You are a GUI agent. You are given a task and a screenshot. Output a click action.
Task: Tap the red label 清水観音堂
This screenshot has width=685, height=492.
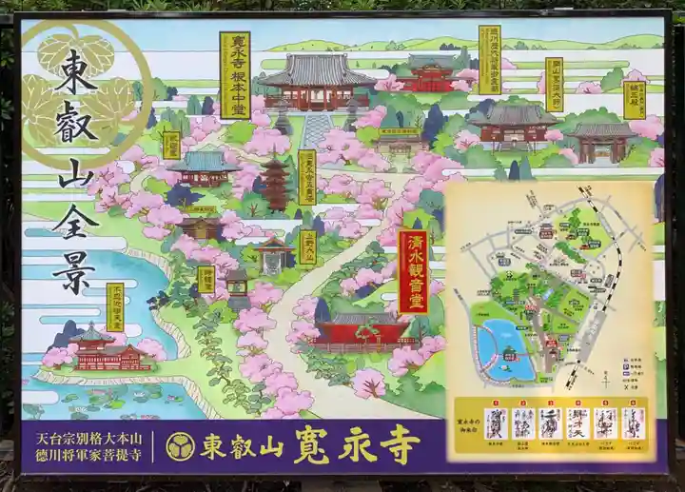[x=413, y=271]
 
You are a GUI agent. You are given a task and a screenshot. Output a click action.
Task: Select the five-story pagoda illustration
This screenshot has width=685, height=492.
[x=276, y=183]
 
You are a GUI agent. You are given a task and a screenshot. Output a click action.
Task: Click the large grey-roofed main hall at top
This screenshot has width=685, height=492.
[x=317, y=81]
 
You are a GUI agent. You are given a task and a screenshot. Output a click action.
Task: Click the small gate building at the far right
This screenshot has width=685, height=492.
[x=601, y=140]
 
